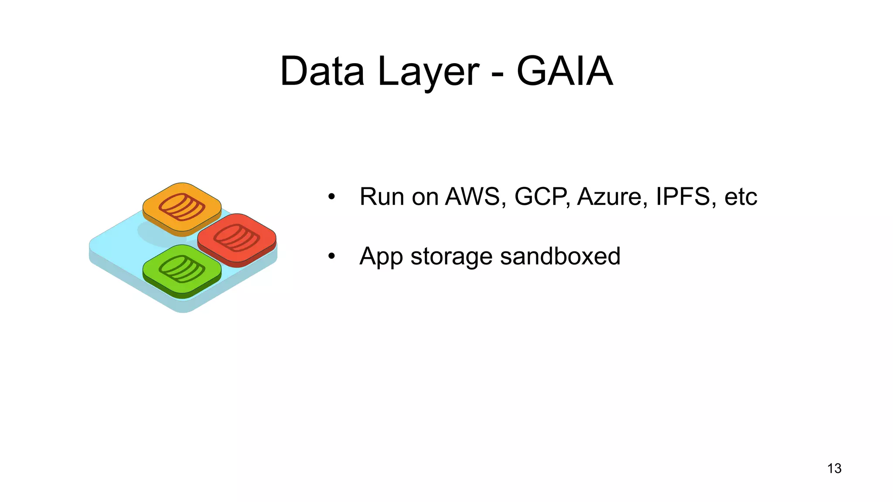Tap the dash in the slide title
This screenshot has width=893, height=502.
coord(498,74)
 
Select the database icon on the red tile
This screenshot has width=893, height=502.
coord(237,237)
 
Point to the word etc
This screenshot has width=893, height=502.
coord(740,197)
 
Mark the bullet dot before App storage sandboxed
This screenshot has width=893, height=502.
coord(332,257)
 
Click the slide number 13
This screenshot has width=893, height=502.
coord(834,468)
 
